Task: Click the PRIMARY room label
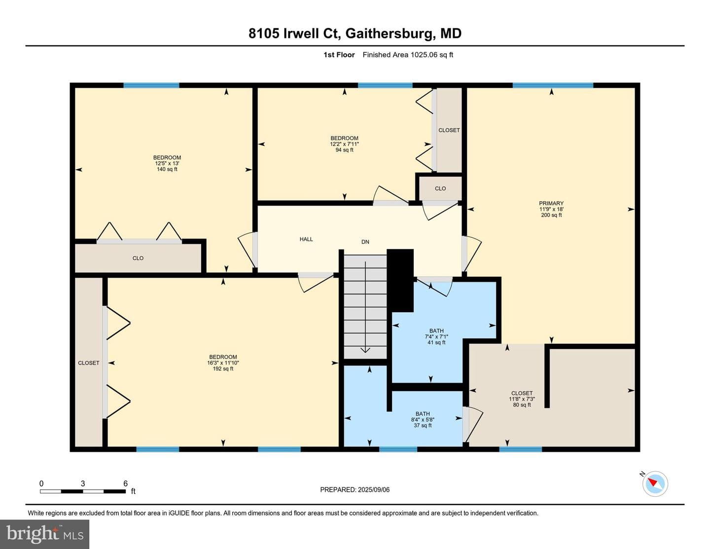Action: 551,203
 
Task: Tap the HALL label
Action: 306,239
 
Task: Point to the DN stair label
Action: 365,242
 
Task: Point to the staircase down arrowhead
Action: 365,350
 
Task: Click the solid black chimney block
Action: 400,280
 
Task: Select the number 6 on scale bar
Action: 125,483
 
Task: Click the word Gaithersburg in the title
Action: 389,34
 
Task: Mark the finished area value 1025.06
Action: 424,55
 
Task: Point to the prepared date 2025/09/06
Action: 373,489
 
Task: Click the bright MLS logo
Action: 45,534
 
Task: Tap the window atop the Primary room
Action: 553,86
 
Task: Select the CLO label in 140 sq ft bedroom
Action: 138,258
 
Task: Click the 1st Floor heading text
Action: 339,55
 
